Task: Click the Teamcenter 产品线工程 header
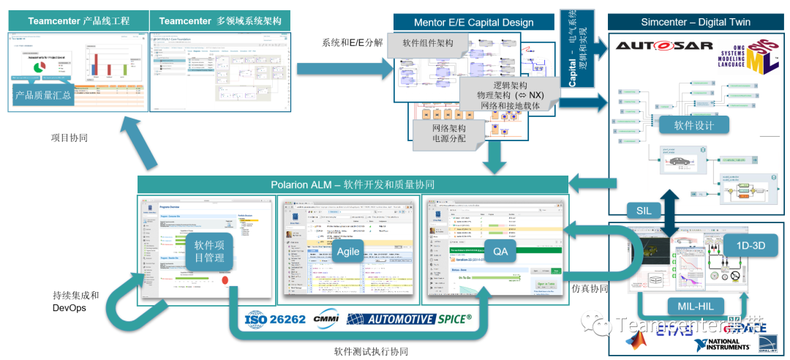[78, 21]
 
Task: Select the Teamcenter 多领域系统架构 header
[219, 21]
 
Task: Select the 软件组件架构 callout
[429, 43]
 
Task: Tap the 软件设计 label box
[694, 125]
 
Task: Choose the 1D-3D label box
[744, 246]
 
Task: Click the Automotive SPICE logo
[409, 319]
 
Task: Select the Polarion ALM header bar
[353, 184]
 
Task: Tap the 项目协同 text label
[70, 138]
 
